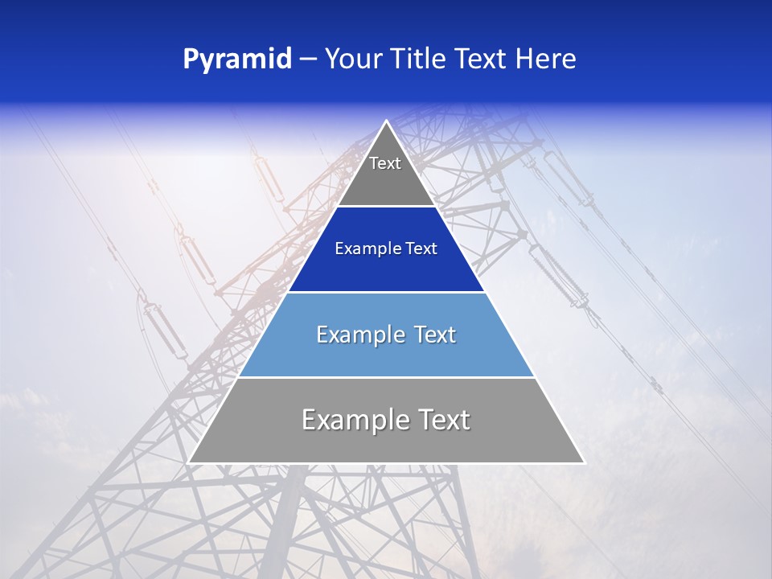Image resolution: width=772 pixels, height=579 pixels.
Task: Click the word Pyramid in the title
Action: (x=237, y=60)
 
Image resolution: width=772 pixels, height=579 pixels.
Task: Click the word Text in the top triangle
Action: (x=385, y=163)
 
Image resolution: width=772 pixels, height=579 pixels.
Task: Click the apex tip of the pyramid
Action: (x=386, y=121)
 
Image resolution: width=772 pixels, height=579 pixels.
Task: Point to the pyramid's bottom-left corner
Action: (x=190, y=462)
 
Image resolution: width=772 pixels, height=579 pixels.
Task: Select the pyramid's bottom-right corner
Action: (x=583, y=462)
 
